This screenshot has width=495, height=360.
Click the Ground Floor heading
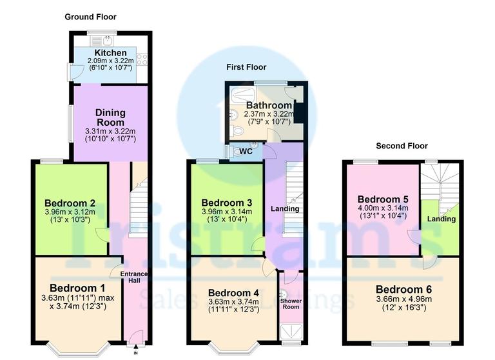coord(90,17)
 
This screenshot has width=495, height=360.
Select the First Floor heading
coord(246,67)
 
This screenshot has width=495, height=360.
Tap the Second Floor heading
coord(403,146)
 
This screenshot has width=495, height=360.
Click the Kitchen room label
coord(110,52)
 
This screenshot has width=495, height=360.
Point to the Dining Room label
coord(111,117)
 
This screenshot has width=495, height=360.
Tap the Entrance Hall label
coord(134,276)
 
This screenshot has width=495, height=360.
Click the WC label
coord(246,152)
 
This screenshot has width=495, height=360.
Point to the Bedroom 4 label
coord(233,292)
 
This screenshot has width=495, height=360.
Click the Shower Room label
coord(291,303)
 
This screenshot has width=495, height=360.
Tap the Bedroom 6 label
coord(403,288)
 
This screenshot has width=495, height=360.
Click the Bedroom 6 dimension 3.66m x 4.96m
coord(403,299)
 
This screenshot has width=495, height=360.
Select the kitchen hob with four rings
coord(142,60)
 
